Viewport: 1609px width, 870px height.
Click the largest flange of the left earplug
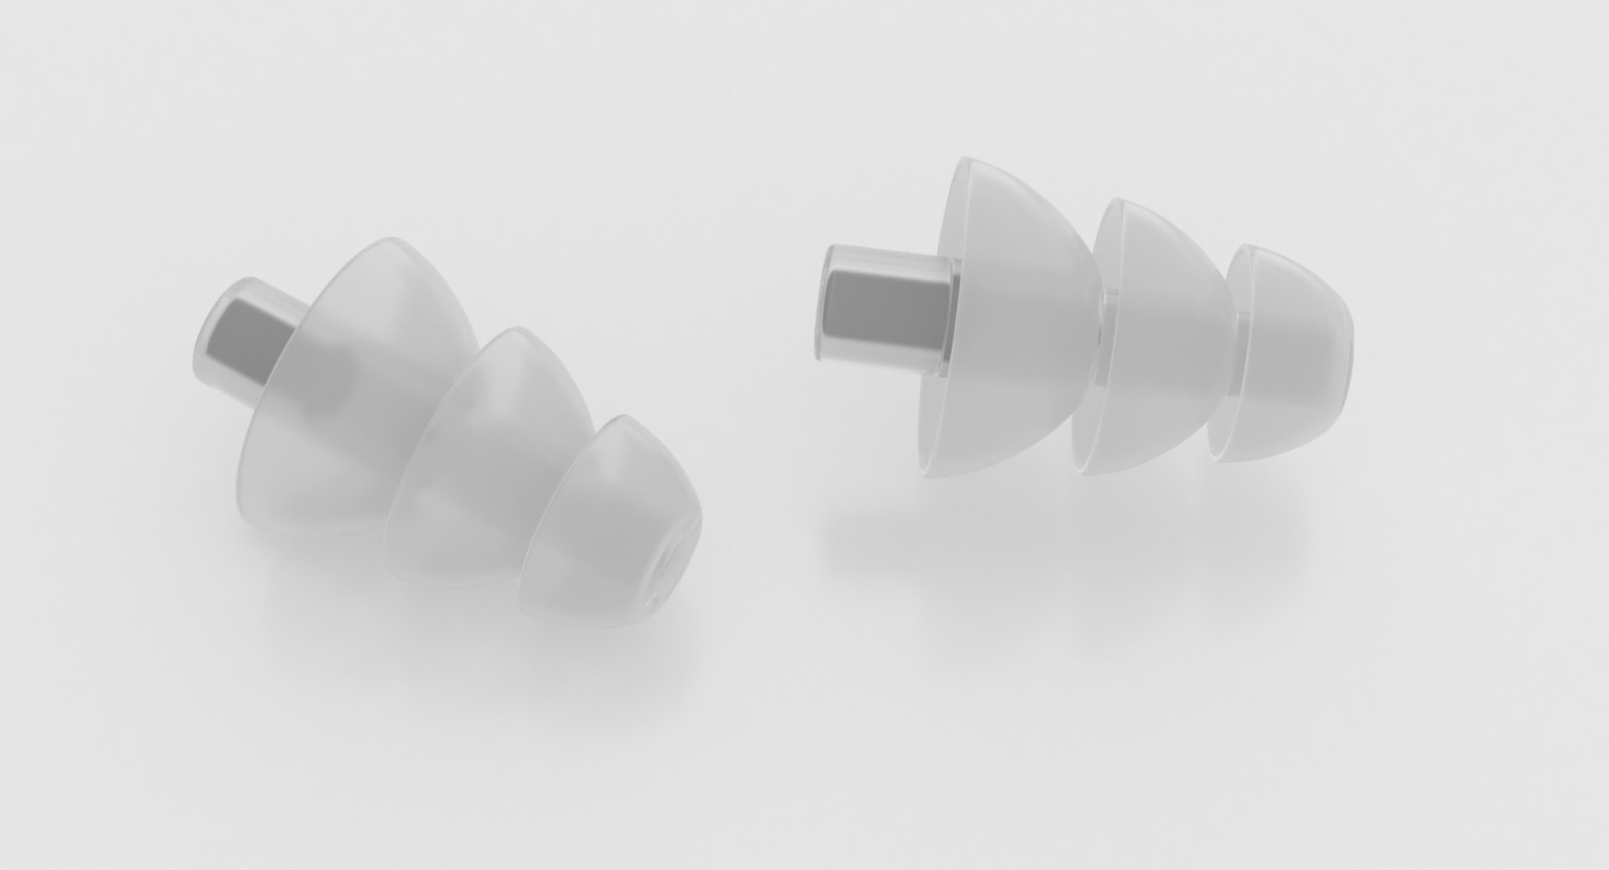point(360,386)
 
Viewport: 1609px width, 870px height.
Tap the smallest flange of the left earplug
point(603,520)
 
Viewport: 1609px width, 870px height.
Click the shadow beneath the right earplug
point(1048,536)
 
